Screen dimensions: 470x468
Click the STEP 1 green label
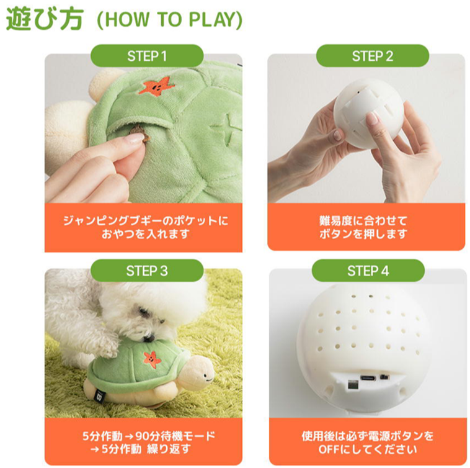(147, 56)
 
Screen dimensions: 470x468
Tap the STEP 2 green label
(373, 56)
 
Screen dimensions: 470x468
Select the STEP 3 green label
(147, 271)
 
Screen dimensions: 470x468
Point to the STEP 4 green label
(368, 271)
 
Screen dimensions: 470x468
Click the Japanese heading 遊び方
(45, 19)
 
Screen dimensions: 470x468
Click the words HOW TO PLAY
(170, 20)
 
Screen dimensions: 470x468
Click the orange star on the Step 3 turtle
(152, 359)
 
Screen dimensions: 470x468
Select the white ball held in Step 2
(368, 114)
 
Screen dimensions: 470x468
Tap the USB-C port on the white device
(368, 378)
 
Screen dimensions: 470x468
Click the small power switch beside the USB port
(383, 377)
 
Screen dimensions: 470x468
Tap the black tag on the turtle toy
(99, 396)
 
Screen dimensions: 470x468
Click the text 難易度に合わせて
(363, 221)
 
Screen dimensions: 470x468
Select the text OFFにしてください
(368, 449)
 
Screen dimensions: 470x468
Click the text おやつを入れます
(146, 234)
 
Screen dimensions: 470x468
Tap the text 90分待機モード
(175, 436)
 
